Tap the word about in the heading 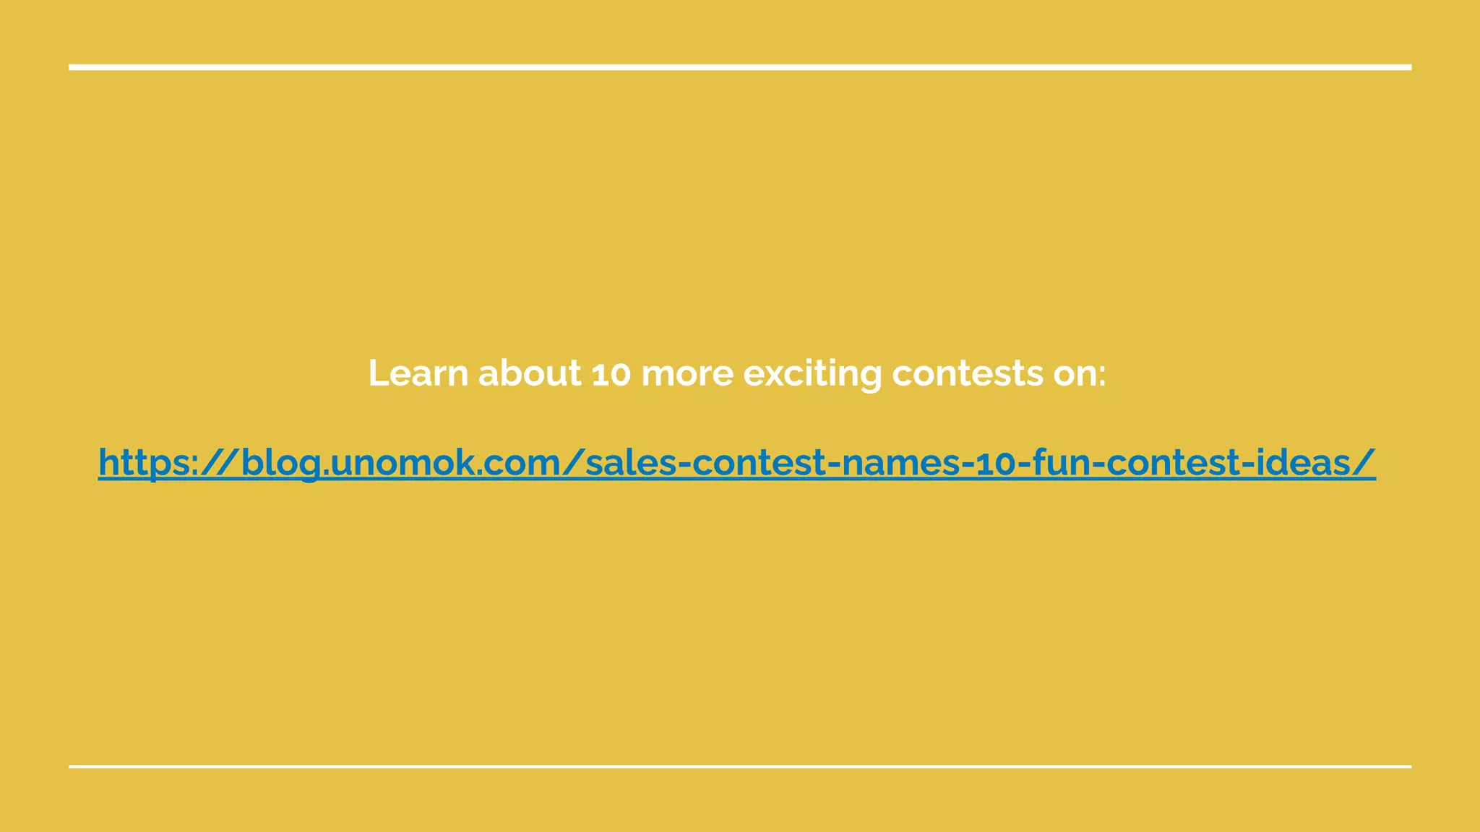click(x=529, y=373)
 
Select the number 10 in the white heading click(x=611, y=373)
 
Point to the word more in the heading click(x=687, y=373)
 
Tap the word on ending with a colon click(x=1079, y=373)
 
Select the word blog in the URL click(x=280, y=462)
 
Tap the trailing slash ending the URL click(x=1365, y=462)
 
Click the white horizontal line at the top click(x=740, y=67)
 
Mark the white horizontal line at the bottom click(x=740, y=766)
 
